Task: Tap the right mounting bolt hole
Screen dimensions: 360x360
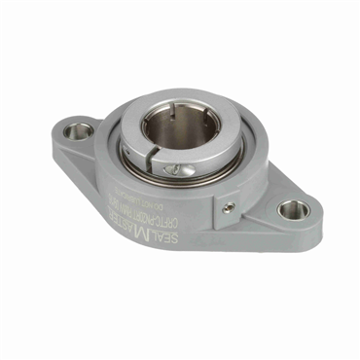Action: [293, 209]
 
